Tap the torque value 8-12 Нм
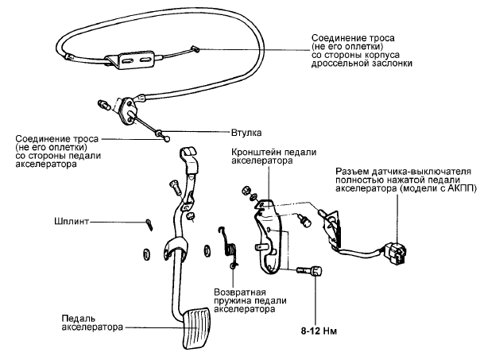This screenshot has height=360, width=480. point(317,328)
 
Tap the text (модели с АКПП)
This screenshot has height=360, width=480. point(427,191)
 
